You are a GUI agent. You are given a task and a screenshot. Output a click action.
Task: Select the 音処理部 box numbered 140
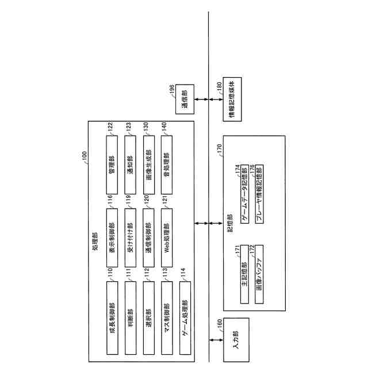[166, 163]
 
